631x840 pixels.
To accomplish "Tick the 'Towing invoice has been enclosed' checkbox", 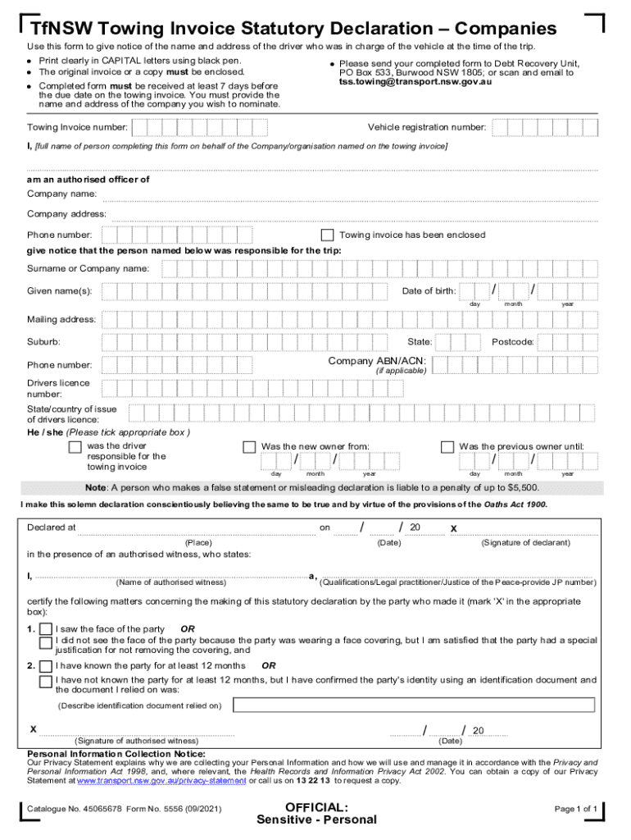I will click(327, 235).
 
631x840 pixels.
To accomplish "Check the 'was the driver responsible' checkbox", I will click(75, 447).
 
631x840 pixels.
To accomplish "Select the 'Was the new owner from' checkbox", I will click(249, 447).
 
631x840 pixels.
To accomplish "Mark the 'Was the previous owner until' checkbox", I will click(447, 447).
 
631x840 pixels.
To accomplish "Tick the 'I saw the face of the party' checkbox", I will click(45, 630).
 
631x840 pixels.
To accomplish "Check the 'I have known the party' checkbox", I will click(45, 666).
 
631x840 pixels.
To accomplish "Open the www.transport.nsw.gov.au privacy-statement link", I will click(152, 781).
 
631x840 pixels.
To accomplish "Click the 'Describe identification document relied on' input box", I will click(414, 705).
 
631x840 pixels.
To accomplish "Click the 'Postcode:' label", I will click(513, 342).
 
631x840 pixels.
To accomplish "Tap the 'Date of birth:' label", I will click(429, 291).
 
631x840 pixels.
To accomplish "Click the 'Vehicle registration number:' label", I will click(426, 127).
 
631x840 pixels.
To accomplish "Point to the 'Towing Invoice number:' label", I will click(77, 127).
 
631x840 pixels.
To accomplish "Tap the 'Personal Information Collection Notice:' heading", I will click(116, 754).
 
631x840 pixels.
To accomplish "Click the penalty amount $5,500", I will click(520, 486).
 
